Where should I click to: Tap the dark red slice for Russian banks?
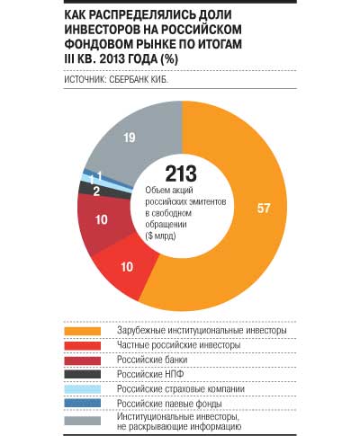point(102,222)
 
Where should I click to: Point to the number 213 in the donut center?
point(181,174)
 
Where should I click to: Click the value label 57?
point(264,209)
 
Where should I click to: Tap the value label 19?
point(130,138)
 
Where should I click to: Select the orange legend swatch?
point(83,331)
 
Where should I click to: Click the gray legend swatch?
point(83,421)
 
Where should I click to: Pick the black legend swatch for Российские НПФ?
point(83,374)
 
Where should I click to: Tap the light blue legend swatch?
point(83,389)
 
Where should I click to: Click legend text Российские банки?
point(152,360)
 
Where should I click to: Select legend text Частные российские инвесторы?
point(179,345)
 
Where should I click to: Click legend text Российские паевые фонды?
point(169,404)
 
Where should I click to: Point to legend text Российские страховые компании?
point(181,389)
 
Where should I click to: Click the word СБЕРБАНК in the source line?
point(128,79)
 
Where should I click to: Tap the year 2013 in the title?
point(112,58)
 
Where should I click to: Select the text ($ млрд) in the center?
point(160,236)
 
